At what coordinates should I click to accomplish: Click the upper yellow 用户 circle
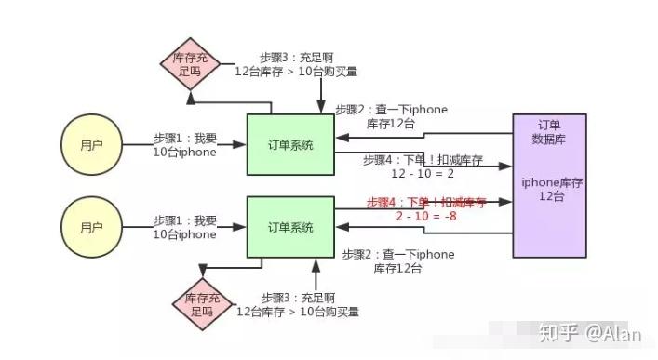click(90, 146)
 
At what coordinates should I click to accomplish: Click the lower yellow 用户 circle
click(90, 228)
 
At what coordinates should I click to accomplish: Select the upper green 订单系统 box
click(290, 144)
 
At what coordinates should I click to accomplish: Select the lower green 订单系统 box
click(290, 228)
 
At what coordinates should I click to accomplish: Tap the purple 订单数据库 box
click(549, 185)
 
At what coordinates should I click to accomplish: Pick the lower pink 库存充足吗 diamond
click(200, 304)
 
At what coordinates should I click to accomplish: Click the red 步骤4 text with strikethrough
click(426, 202)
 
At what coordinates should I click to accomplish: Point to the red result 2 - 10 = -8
click(427, 216)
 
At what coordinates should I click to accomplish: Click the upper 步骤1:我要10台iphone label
click(184, 146)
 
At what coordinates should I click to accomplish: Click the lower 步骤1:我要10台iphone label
click(184, 228)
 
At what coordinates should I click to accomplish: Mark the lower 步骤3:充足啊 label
click(298, 304)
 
